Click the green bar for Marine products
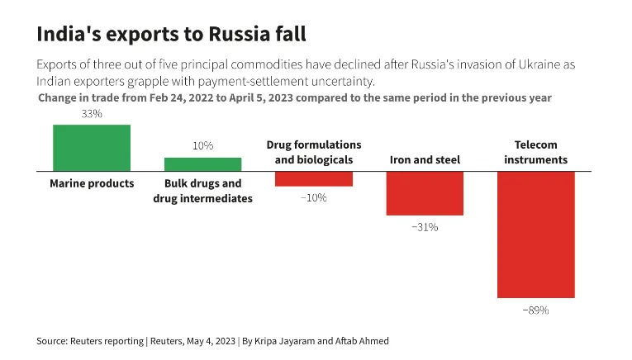pyautogui.click(x=92, y=148)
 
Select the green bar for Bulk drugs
pyautogui.click(x=202, y=164)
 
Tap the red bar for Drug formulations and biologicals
pyautogui.click(x=314, y=179)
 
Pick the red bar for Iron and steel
pyautogui.click(x=425, y=193)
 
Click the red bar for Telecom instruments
pyautogui.click(x=535, y=234)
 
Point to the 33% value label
pyautogui.click(x=92, y=114)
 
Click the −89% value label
pyautogui.click(x=535, y=310)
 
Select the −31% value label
pyautogui.click(x=425, y=227)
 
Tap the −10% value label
pyautogui.click(x=313, y=198)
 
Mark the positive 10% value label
pyautogui.click(x=202, y=145)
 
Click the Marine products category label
pyautogui.click(x=92, y=183)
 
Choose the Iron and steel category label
pyautogui.click(x=425, y=159)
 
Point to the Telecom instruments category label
pyautogui.click(x=535, y=152)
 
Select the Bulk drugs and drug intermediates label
pyautogui.click(x=202, y=191)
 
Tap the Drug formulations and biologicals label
pyautogui.click(x=314, y=152)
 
